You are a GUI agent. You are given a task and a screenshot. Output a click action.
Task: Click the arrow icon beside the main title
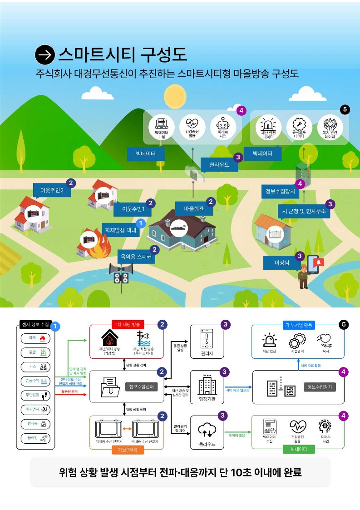coord(45,55)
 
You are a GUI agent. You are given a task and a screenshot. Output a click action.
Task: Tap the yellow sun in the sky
coord(175,96)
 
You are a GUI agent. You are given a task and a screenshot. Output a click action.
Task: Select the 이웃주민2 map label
coord(51,190)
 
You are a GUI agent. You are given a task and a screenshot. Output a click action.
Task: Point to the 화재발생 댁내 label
coord(120,230)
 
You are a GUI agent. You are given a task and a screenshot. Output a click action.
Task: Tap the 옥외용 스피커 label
coord(135,257)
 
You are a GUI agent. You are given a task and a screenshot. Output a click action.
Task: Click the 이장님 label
coord(279,262)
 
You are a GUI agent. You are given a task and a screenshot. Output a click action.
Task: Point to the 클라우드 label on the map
coord(220,165)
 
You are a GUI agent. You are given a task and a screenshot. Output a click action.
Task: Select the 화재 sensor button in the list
coord(35,338)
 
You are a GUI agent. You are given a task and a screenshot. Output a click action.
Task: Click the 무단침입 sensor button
coord(35,395)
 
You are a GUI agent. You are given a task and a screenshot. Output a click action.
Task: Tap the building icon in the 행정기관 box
coord(207,386)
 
